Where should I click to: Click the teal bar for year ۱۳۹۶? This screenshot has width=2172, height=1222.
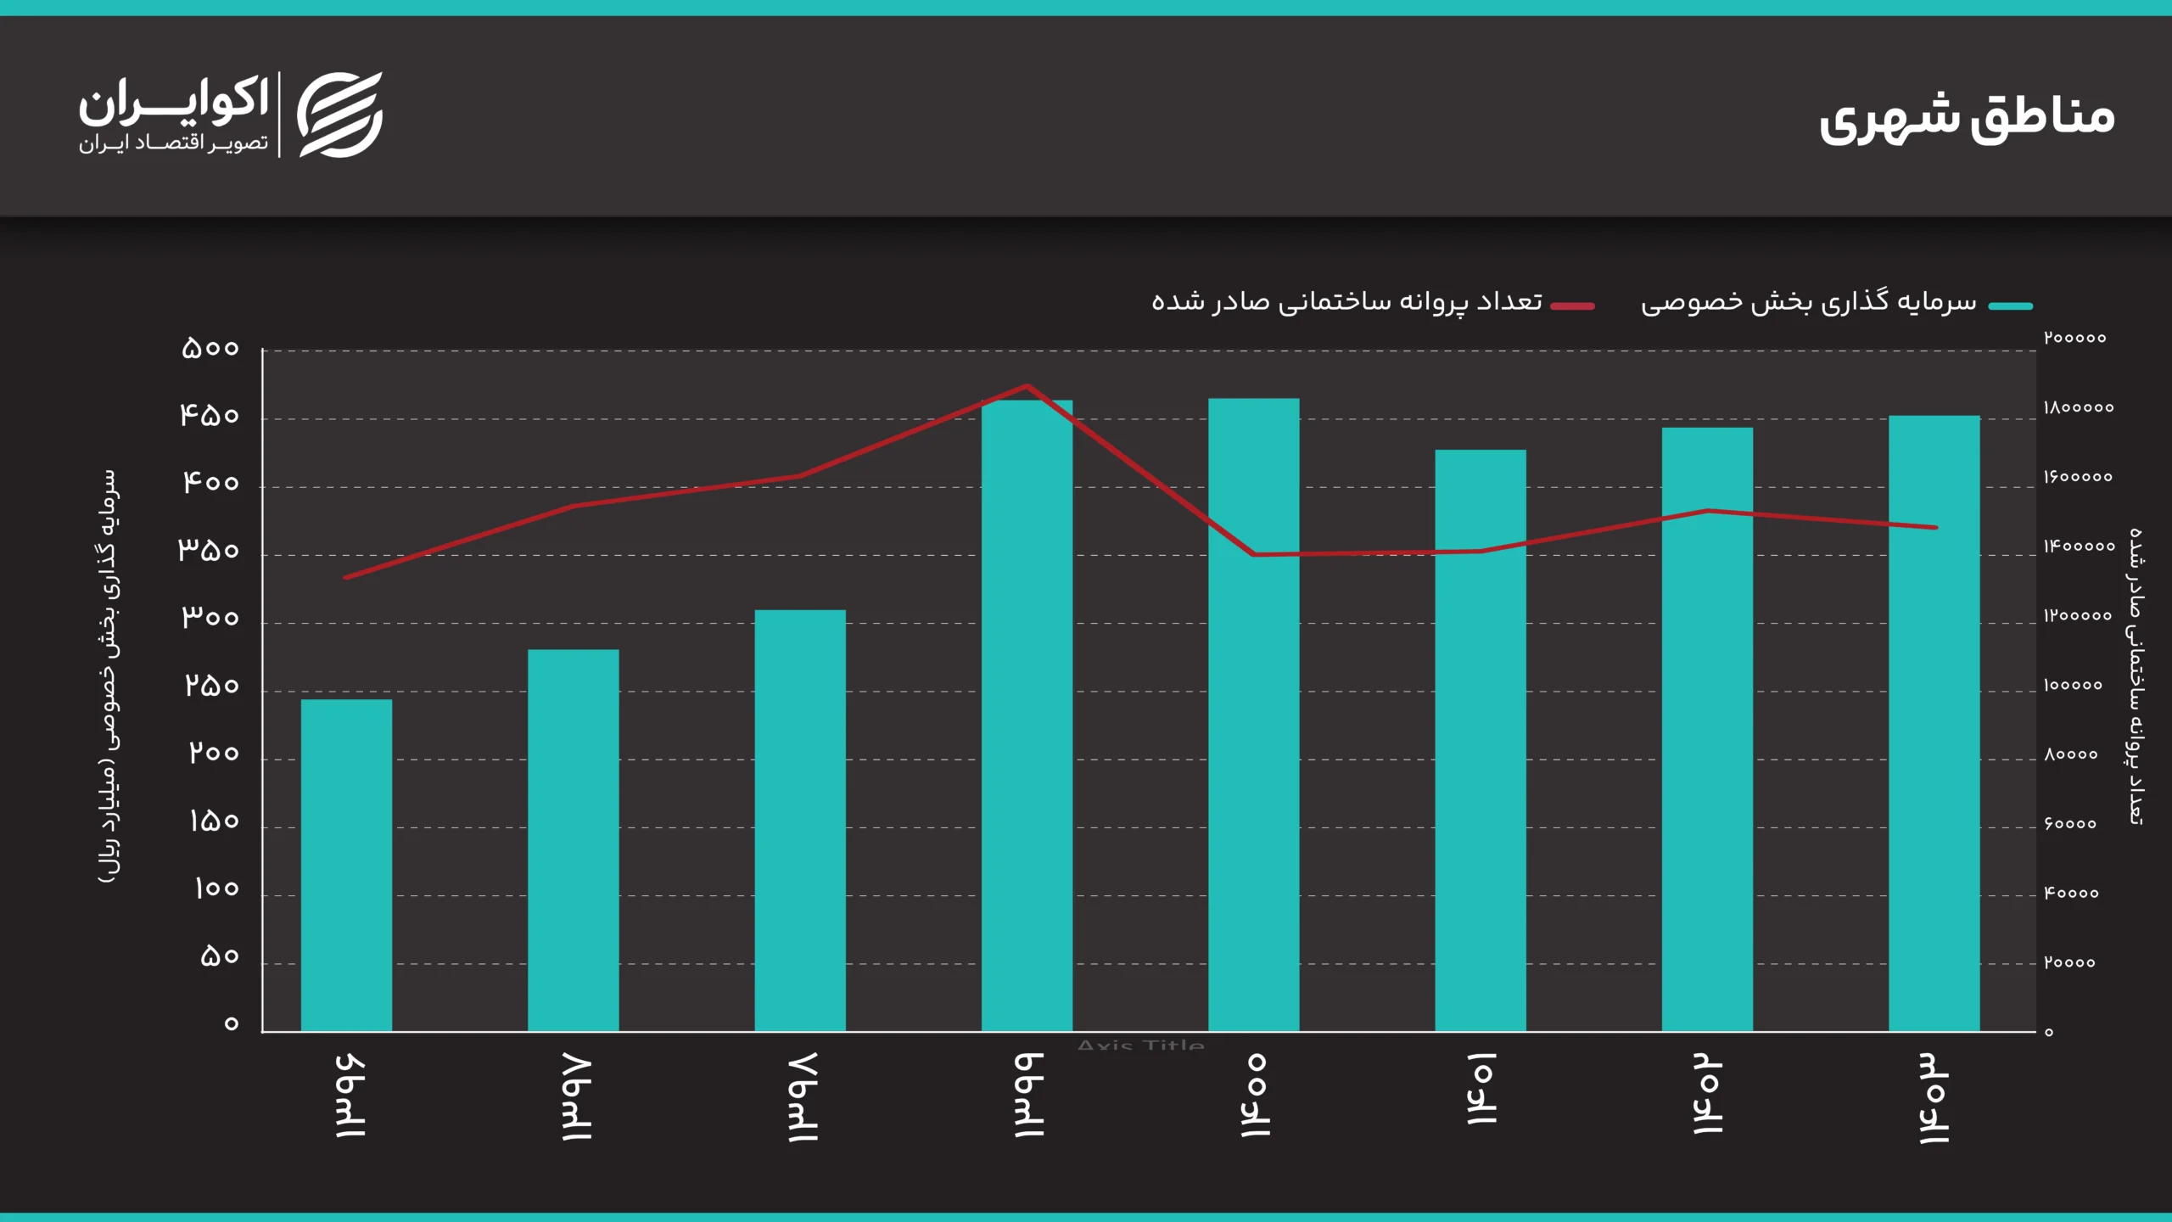pos(346,866)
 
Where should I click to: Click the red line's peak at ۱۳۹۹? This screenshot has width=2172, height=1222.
pos(1027,386)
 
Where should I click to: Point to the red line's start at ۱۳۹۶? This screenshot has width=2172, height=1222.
pos(346,578)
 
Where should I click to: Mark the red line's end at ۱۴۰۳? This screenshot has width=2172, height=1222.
pos(1935,528)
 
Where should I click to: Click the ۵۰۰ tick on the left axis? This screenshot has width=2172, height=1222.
pos(210,348)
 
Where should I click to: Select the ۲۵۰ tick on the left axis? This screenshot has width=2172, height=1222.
pos(212,686)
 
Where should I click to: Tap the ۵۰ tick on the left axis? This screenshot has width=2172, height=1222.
pos(219,956)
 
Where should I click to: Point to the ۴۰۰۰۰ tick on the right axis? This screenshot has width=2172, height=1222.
pos(2071,894)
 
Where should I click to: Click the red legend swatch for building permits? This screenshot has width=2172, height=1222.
pos(1572,306)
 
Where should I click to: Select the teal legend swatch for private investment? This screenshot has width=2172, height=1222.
pos(2010,306)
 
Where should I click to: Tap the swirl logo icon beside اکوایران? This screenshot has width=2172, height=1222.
pos(339,115)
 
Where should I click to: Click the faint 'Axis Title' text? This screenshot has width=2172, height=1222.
pos(1140,1045)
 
